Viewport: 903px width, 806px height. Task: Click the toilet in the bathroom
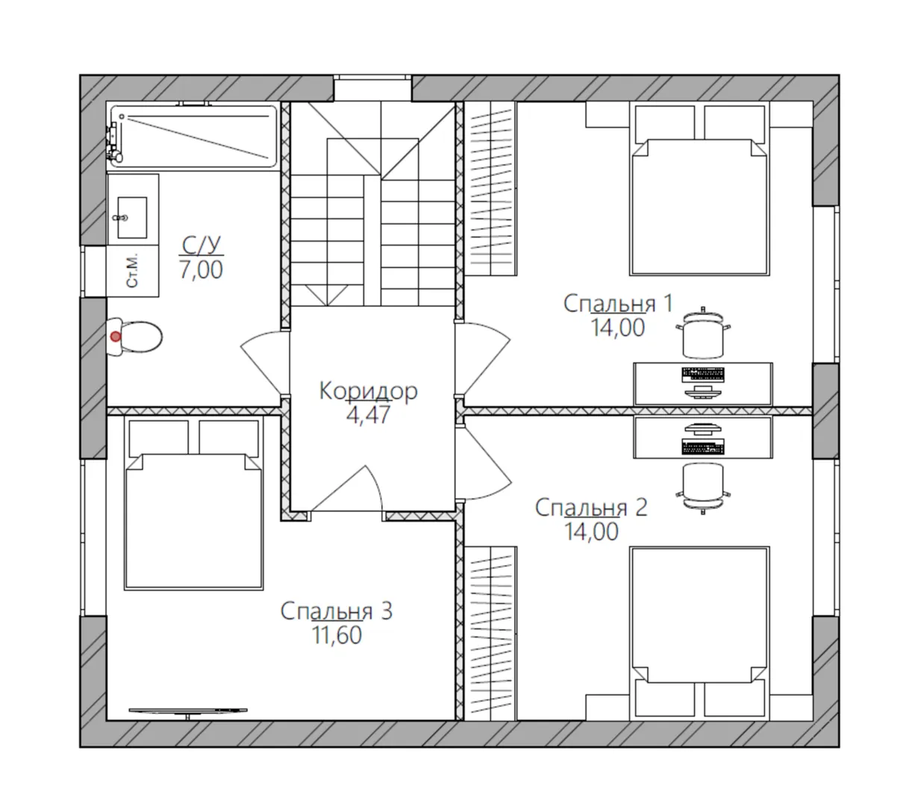pos(134,337)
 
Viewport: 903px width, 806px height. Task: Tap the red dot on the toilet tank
pos(116,337)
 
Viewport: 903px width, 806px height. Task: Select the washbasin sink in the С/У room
pos(132,218)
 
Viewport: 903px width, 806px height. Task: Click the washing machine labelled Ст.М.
pos(132,271)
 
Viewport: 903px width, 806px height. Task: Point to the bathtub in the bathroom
pos(193,136)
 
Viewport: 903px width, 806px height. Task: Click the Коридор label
pos(368,391)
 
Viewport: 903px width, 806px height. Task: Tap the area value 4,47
pos(368,415)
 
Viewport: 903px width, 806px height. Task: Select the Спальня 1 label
pos(618,304)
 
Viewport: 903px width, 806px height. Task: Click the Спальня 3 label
pos(336,611)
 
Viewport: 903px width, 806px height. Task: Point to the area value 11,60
pos(337,635)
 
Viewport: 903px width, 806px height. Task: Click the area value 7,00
pos(201,269)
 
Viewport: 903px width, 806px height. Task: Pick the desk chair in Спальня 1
pos(703,333)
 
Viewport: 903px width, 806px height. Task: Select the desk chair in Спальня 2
pos(703,488)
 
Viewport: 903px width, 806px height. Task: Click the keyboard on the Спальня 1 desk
pos(703,375)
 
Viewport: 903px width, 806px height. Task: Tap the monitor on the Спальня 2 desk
pos(703,430)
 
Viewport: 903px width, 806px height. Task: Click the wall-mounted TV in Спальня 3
pos(187,710)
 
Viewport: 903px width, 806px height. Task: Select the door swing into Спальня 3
pos(347,489)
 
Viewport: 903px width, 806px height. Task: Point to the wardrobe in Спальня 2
pos(490,633)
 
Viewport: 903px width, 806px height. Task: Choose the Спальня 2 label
pos(591,507)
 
